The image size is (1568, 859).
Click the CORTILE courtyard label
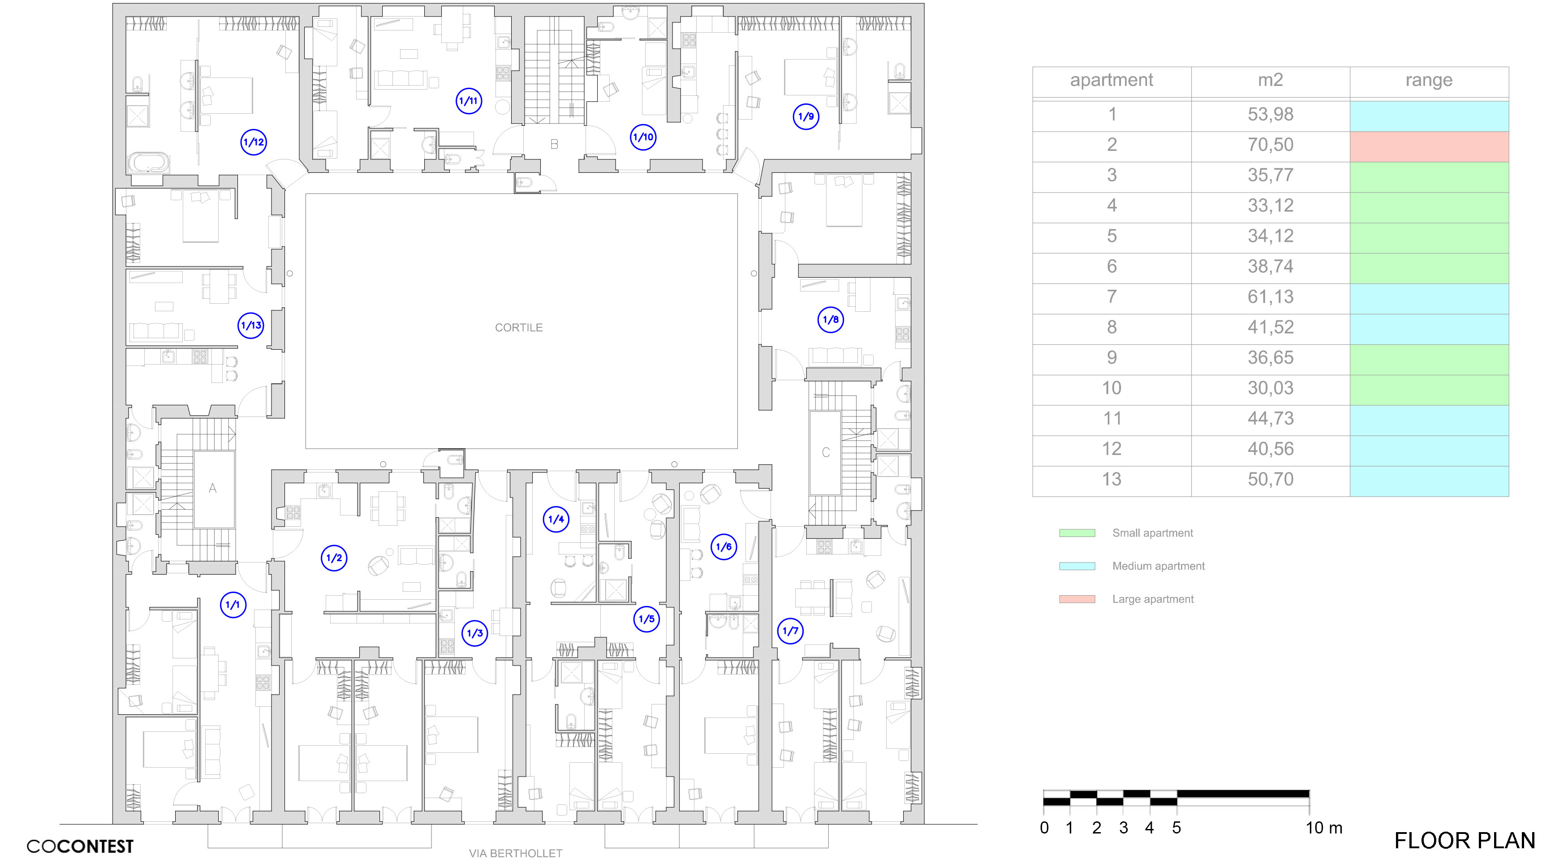tap(519, 327)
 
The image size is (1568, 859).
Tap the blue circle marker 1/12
tap(253, 142)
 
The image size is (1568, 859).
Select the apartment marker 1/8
tap(830, 319)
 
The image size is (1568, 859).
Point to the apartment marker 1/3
tap(474, 633)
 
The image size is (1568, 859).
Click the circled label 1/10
tap(643, 137)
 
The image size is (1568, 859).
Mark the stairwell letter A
tap(212, 488)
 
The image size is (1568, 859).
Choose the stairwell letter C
tap(825, 452)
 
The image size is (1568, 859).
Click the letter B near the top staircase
tap(554, 144)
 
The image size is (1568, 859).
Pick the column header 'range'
tap(1429, 80)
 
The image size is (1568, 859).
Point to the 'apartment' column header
tap(1111, 80)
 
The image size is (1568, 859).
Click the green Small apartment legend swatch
tap(1077, 533)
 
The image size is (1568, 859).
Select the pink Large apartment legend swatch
tap(1077, 599)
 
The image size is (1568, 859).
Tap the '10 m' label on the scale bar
tap(1323, 828)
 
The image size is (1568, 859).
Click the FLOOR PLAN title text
tap(1465, 841)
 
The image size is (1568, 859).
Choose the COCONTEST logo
tap(80, 846)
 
